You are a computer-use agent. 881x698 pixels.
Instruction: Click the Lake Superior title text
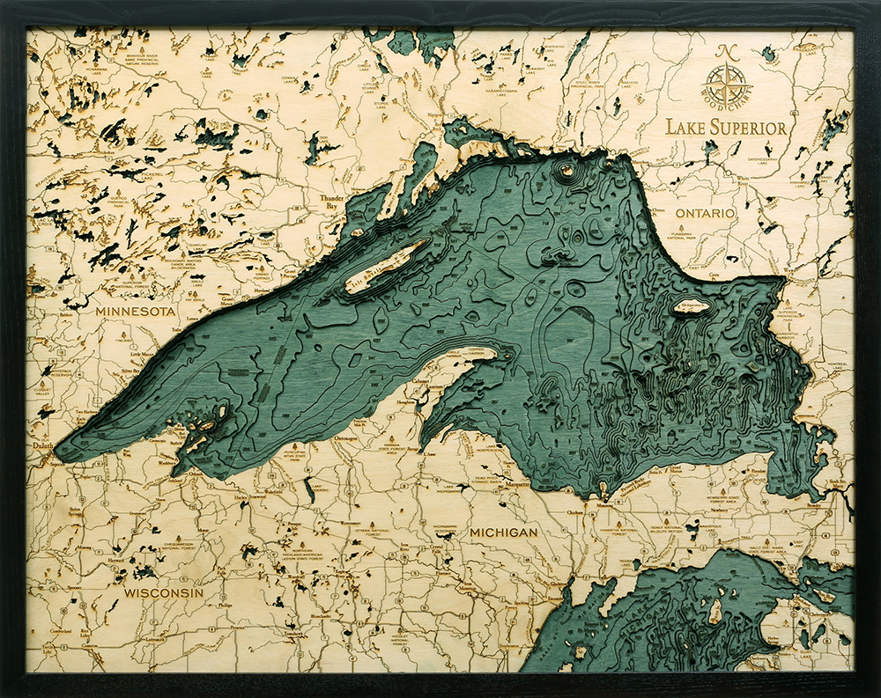726,127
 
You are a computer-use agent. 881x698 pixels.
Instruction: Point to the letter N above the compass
727,52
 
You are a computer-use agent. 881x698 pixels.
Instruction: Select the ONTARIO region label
705,214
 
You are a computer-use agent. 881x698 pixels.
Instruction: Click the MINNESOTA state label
137,312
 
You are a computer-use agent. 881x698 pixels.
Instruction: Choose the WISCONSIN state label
163,592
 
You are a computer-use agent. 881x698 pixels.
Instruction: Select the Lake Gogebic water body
310,489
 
